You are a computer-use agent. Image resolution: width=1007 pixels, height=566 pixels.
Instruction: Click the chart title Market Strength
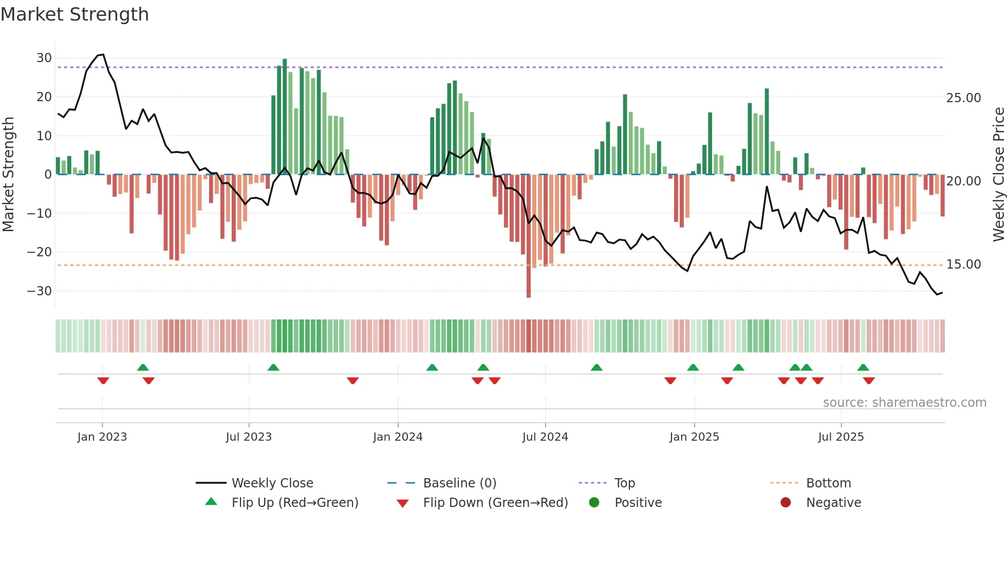point(74,14)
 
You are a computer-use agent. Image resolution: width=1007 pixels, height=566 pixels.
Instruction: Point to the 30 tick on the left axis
point(44,58)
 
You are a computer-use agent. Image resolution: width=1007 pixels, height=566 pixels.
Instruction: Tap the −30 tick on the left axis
point(40,291)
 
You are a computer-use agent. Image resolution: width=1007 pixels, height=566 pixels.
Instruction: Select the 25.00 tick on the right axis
point(963,98)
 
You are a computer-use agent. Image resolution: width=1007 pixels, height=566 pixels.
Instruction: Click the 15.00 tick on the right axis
point(963,265)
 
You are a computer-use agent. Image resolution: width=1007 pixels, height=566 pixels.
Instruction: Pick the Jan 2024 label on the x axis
point(398,437)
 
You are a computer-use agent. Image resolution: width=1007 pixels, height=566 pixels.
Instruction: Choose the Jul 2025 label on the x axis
point(841,437)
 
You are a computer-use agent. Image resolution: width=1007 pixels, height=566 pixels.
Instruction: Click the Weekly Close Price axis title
point(998,175)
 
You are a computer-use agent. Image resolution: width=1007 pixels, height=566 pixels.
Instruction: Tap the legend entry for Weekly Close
point(272,483)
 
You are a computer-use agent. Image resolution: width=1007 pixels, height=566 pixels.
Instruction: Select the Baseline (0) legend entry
point(459,483)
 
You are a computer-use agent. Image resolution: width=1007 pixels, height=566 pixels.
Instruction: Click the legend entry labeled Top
point(624,483)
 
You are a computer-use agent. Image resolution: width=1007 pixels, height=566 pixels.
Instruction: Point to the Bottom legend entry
point(828,483)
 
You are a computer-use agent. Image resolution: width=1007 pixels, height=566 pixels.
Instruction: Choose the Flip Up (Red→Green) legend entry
point(294,503)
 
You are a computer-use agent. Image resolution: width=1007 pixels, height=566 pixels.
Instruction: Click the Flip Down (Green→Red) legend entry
point(495,503)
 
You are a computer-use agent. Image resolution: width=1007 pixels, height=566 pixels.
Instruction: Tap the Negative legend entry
point(833,503)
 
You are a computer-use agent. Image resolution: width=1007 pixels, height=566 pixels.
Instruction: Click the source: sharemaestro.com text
point(904,403)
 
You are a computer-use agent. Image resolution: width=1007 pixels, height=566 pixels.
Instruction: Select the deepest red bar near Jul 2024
point(529,236)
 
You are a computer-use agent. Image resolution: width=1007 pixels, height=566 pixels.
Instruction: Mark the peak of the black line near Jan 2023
point(103,54)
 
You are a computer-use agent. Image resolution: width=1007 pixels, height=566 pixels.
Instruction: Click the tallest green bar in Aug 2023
point(285,117)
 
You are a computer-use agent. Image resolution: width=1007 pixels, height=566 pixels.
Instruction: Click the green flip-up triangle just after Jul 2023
point(273,367)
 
